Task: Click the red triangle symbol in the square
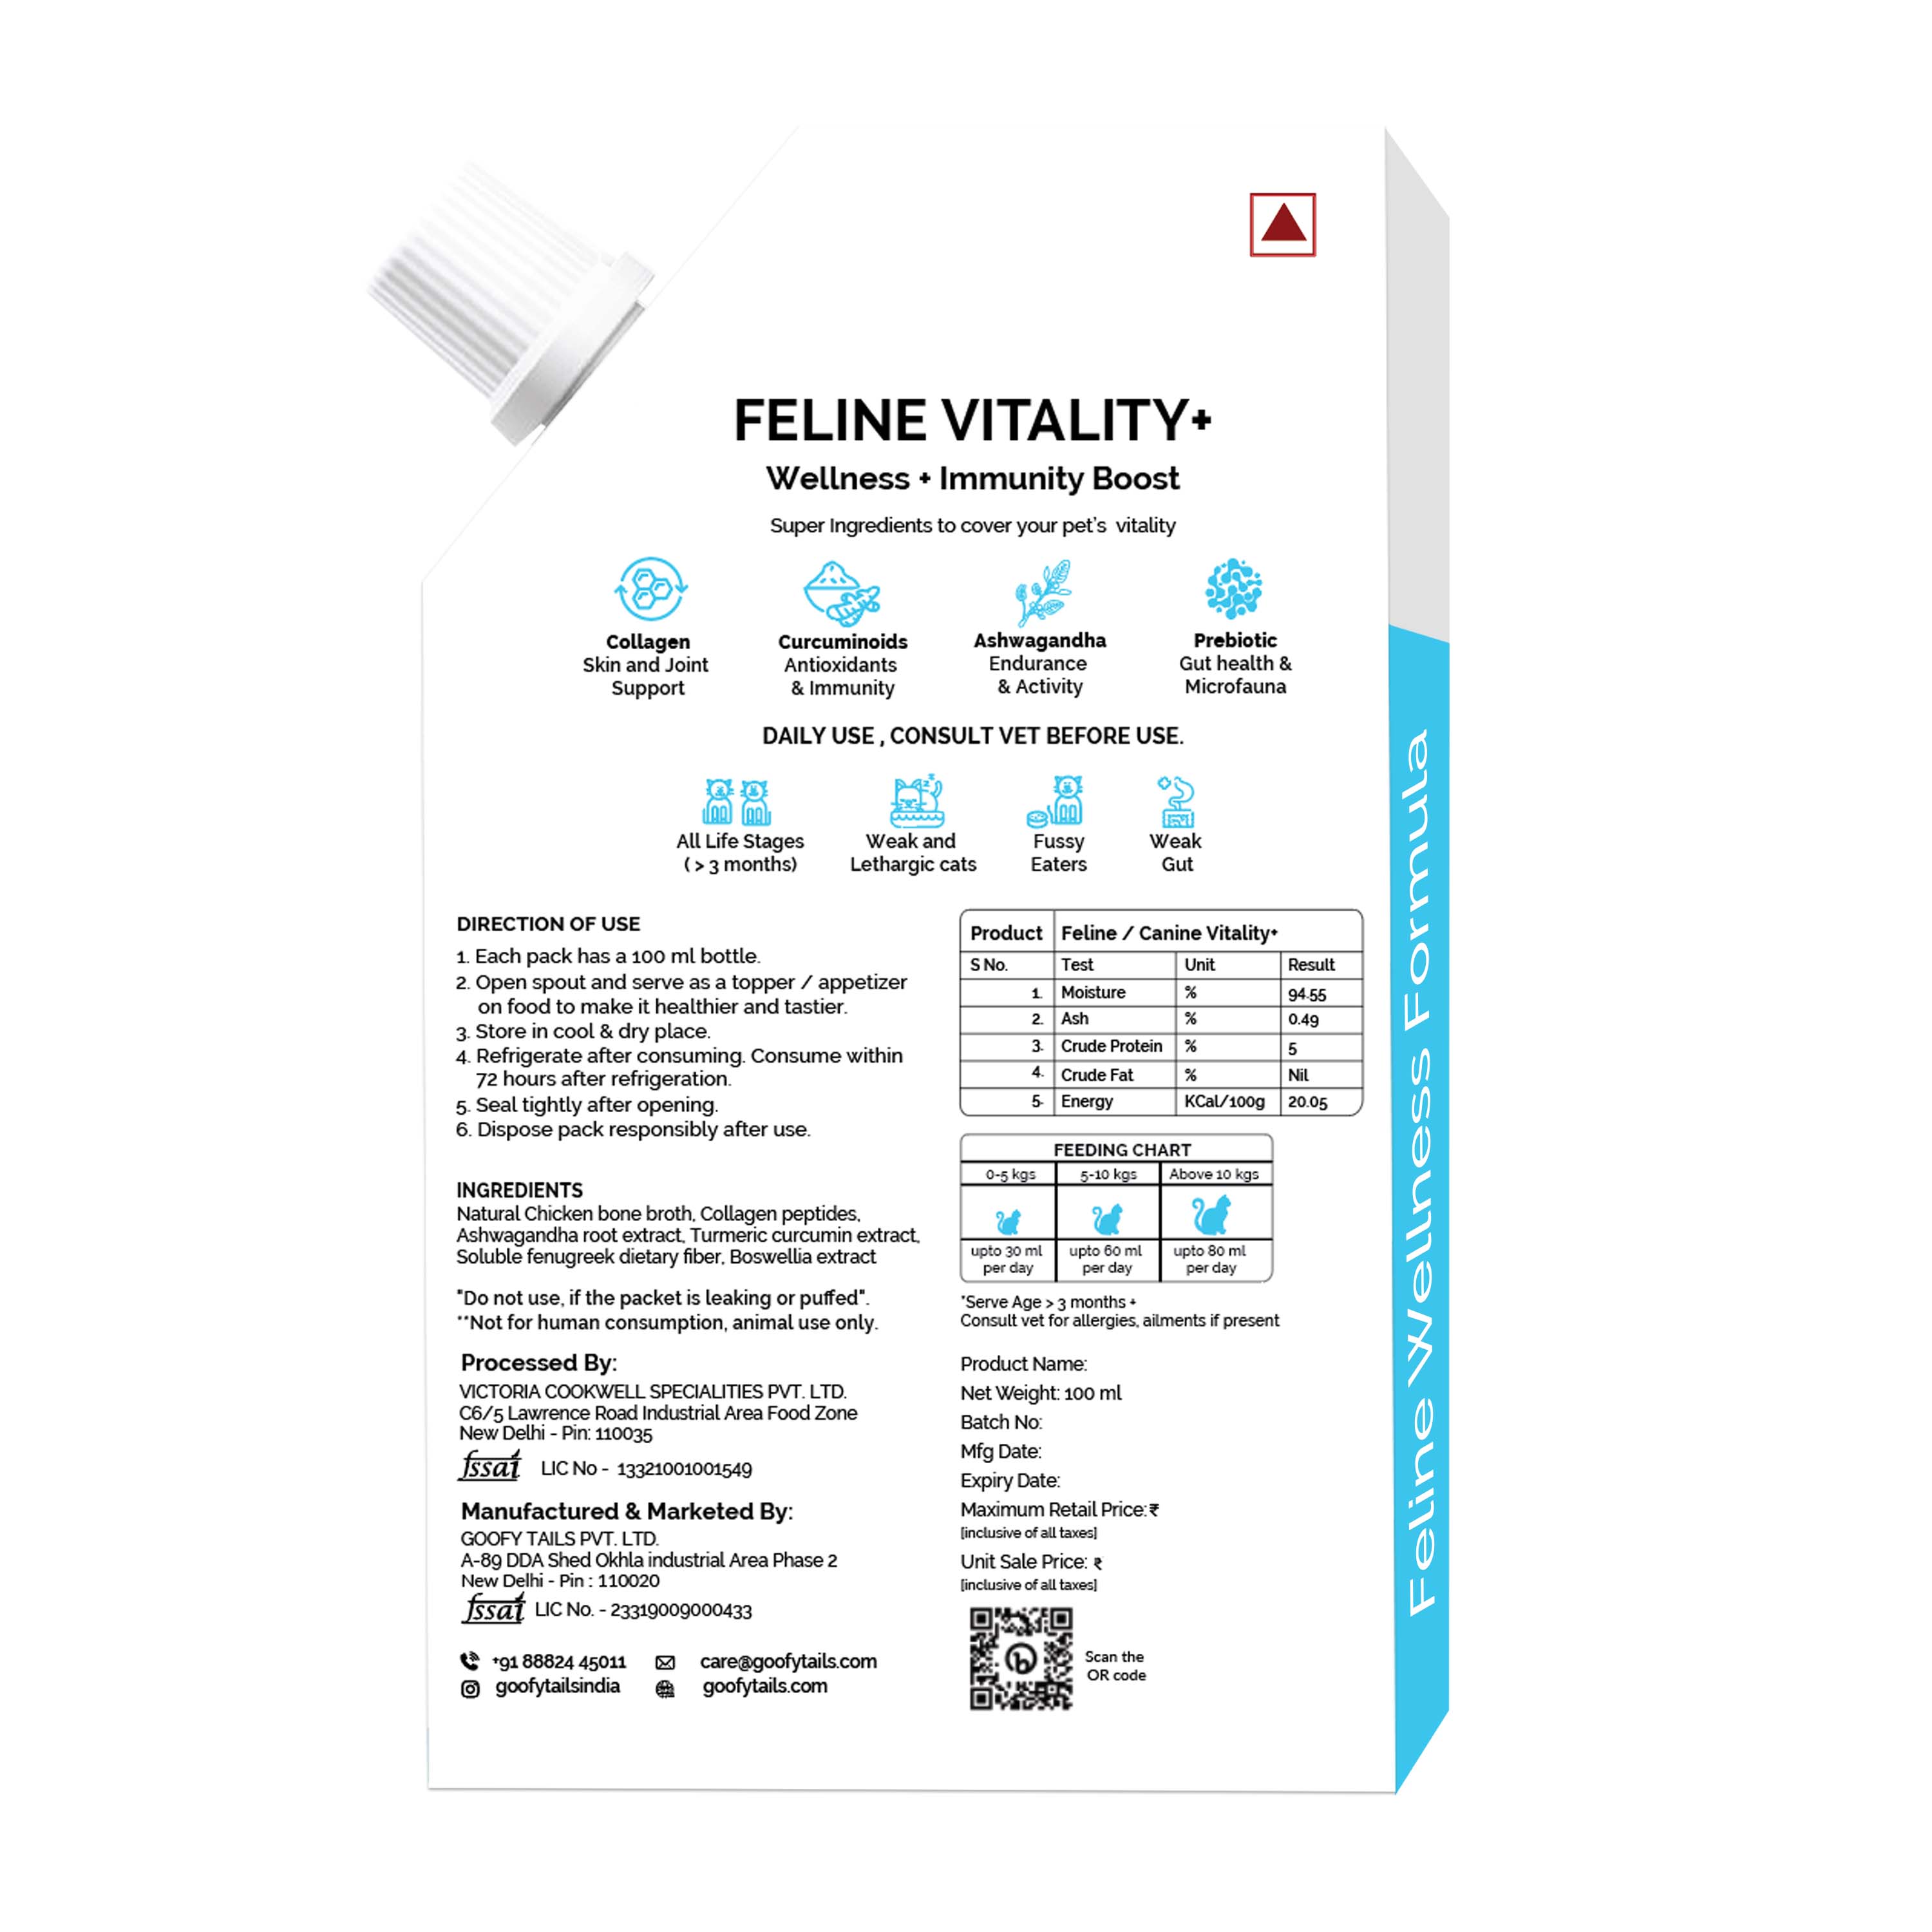(x=1283, y=224)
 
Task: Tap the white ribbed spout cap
(x=510, y=300)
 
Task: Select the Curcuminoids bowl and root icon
(x=842, y=592)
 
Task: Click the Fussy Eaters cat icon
(x=1056, y=801)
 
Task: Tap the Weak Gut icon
(x=1176, y=801)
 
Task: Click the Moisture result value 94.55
(x=1307, y=994)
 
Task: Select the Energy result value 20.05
(x=1308, y=1102)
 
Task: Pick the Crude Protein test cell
(x=1111, y=1046)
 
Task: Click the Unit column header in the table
(x=1199, y=965)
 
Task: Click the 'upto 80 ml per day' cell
(x=1210, y=1259)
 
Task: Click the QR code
(x=1021, y=1658)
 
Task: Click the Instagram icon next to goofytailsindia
(x=470, y=1689)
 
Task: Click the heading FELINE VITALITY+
(x=972, y=420)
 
